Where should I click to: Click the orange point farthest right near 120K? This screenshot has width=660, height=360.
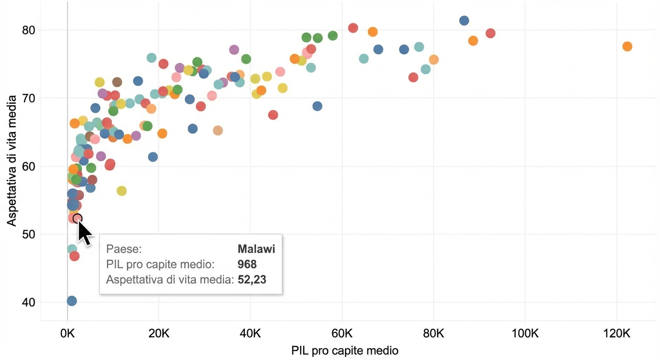(x=627, y=46)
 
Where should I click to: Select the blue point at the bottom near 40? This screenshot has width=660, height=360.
(x=72, y=301)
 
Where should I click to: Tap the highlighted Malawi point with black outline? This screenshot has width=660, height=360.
(x=78, y=218)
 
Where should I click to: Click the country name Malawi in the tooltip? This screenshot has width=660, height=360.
(x=256, y=249)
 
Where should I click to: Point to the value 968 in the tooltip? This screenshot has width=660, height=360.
(x=247, y=264)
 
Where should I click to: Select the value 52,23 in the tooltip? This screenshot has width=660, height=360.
(x=252, y=280)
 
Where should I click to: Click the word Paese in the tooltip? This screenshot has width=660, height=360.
(x=124, y=249)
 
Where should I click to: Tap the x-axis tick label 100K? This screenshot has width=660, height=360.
(x=524, y=334)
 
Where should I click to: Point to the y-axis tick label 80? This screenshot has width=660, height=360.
(x=29, y=30)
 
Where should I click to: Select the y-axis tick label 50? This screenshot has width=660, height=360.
(x=29, y=234)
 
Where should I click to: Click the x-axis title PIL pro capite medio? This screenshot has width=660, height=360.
(x=345, y=350)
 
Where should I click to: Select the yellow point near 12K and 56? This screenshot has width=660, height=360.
(x=121, y=191)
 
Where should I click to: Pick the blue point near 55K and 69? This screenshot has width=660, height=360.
(x=317, y=106)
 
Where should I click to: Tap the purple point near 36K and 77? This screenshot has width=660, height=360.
(x=234, y=50)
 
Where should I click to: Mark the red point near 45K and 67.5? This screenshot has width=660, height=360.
(x=273, y=115)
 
